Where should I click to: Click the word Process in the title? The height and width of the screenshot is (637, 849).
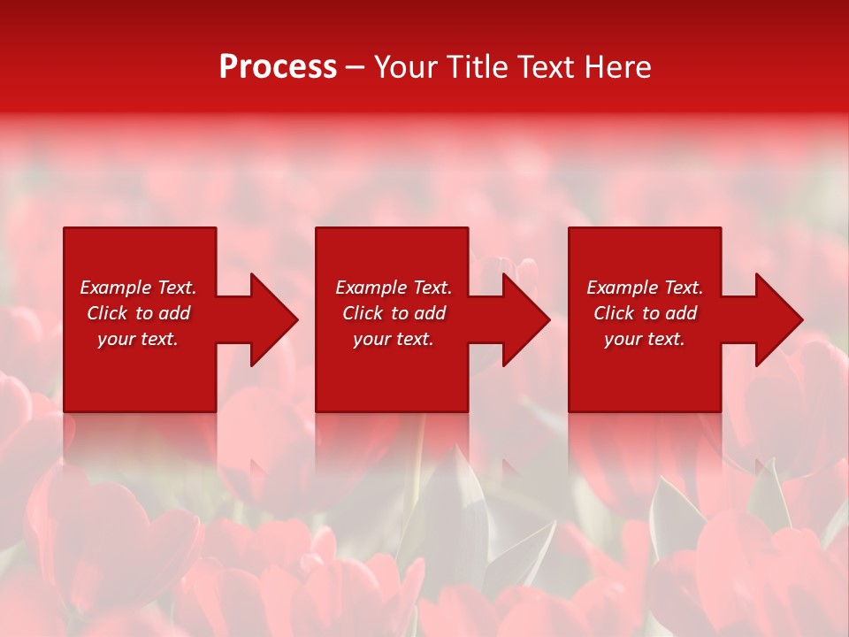[x=278, y=67]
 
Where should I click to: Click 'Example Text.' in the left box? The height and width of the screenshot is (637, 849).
[x=138, y=288]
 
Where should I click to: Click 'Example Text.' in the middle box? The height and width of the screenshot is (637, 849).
[x=394, y=288]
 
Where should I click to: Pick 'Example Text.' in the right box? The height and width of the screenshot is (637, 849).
[x=645, y=288]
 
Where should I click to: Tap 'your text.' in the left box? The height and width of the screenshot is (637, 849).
[x=138, y=339]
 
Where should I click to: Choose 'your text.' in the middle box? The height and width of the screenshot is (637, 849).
[x=394, y=339]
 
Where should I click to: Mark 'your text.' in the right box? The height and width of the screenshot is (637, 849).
[x=645, y=339]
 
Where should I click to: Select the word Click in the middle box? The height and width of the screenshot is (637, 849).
[x=363, y=313]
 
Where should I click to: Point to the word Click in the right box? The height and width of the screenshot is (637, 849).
[x=615, y=313]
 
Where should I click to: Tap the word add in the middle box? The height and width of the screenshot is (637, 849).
[x=429, y=313]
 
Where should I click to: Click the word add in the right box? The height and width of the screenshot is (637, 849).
[x=680, y=313]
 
